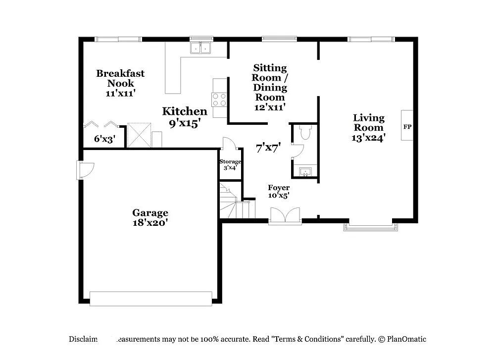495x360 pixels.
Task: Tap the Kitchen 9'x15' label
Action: (185, 117)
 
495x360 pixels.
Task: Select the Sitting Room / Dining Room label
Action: (270, 87)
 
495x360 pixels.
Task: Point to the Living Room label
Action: (369, 127)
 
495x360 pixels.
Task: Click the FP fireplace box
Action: (407, 126)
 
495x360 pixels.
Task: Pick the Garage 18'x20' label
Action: (150, 217)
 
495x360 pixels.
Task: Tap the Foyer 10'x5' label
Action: (279, 191)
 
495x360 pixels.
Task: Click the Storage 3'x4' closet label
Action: (230, 164)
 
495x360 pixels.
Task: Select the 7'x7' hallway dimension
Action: (268, 147)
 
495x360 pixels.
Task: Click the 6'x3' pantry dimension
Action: (104, 139)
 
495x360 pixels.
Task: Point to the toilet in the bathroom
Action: (304, 132)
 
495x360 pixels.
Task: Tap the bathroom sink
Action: (305, 172)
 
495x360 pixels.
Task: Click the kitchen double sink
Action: (201, 48)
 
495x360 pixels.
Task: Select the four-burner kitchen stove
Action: (219, 100)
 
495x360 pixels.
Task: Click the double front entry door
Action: (285, 216)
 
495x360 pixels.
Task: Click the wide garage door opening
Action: (150, 299)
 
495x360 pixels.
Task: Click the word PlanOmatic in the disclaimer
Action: (406, 339)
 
